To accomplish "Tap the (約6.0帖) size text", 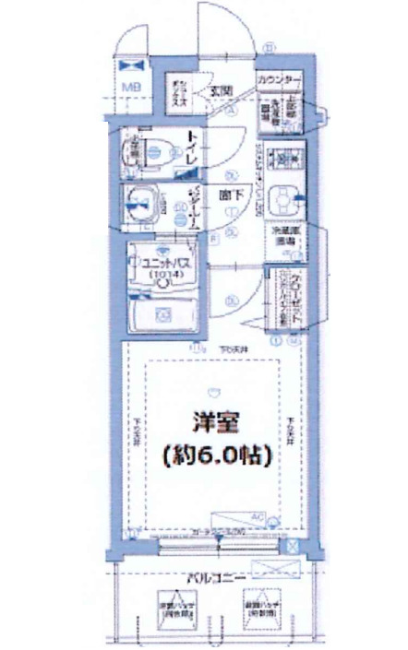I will (213, 455).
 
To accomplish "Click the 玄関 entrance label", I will (220, 90).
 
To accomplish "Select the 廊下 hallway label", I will (233, 194).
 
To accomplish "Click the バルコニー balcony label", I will (214, 578).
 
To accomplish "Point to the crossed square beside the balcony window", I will (293, 547).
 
